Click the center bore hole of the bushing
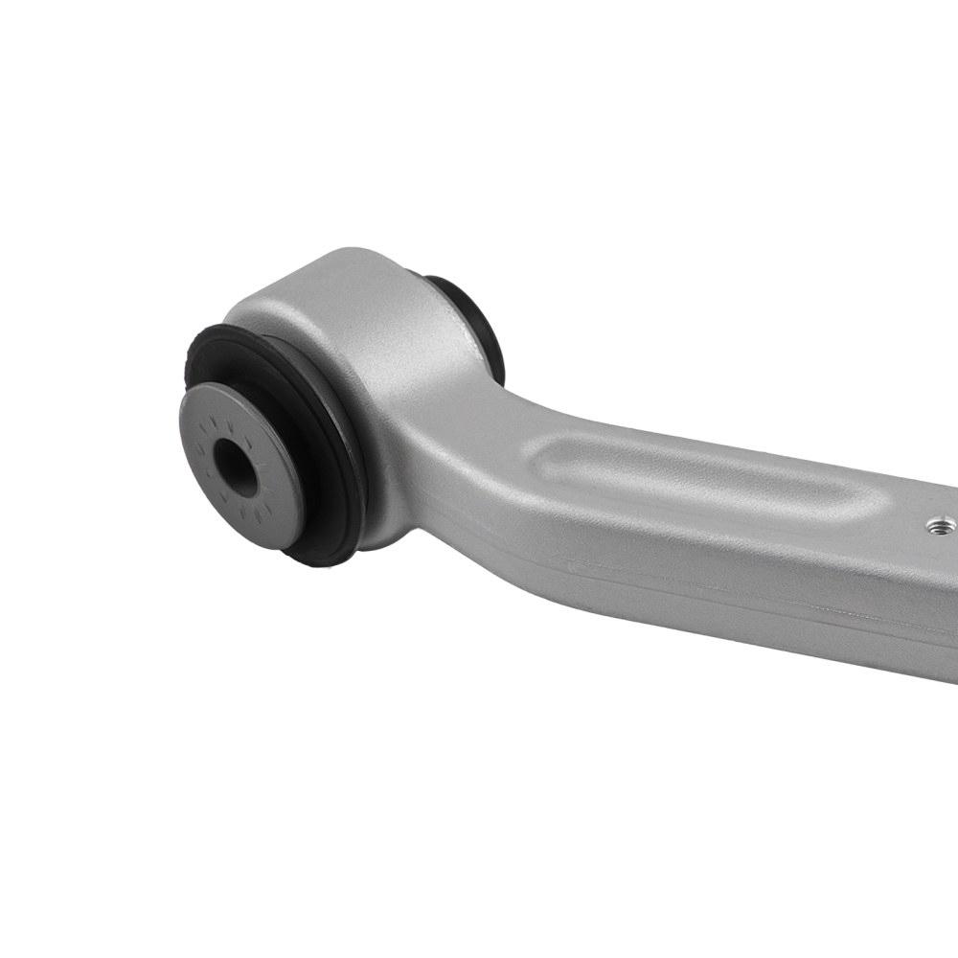pyautogui.click(x=235, y=467)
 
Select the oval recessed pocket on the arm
pyautogui.click(x=709, y=479)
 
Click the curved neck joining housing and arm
pyautogui.click(x=479, y=422)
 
